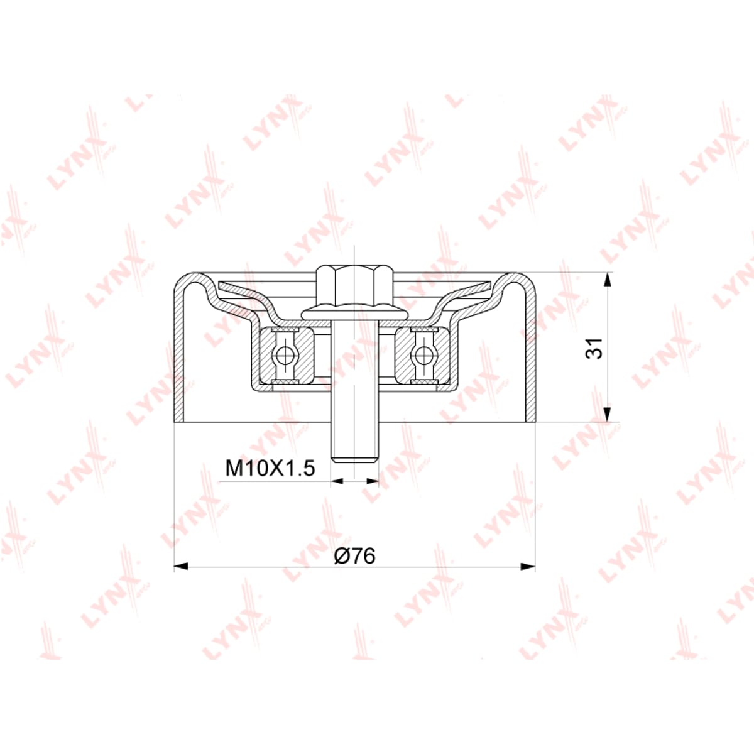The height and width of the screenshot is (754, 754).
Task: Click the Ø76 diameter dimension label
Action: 354,555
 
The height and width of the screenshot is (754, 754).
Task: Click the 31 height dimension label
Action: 594,347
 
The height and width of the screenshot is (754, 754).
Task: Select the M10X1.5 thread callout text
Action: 270,467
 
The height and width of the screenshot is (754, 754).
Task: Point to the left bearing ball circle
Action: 283,355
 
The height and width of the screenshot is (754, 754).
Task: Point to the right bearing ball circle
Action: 423,355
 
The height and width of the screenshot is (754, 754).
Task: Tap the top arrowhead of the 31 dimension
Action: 607,280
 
